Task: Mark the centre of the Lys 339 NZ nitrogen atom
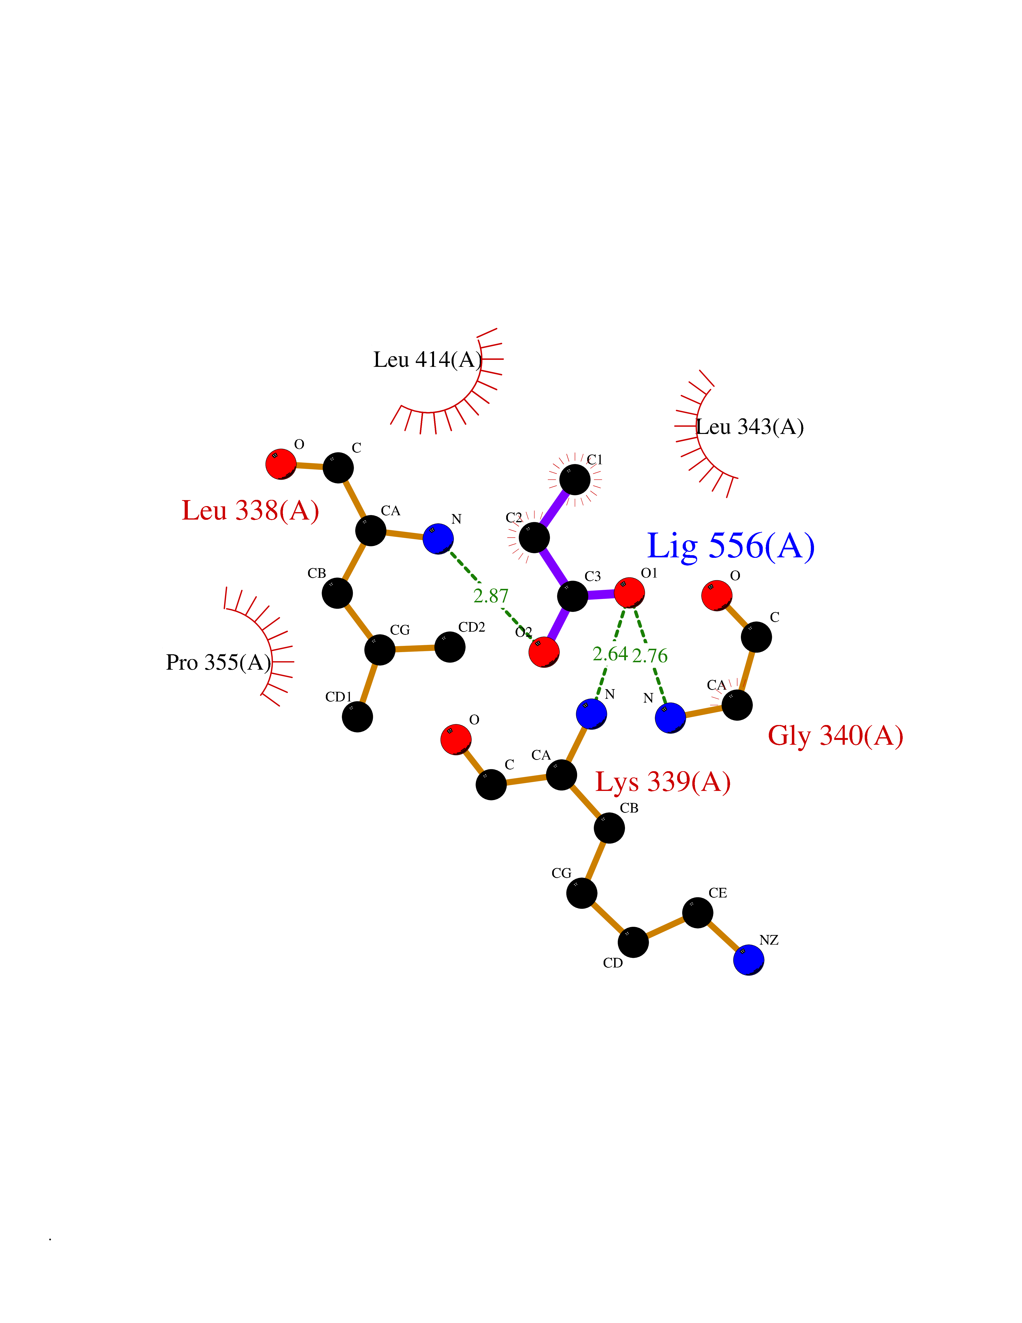point(748,960)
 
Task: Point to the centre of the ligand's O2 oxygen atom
point(544,652)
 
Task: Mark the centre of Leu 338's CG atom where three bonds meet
point(380,650)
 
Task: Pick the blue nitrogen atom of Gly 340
point(670,718)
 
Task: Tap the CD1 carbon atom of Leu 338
point(357,717)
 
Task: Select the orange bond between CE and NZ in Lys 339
point(723,936)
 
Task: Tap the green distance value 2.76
point(650,655)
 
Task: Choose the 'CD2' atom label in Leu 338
point(472,627)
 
